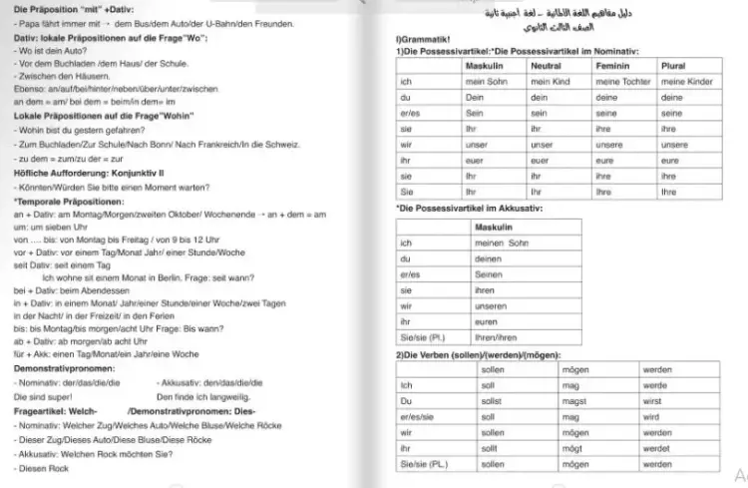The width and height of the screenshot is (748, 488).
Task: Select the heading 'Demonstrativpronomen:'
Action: [59, 369]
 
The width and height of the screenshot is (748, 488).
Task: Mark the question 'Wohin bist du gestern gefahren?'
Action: [81, 130]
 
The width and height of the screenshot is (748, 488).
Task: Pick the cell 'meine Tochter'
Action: [622, 82]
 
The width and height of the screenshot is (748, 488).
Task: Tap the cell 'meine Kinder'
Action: [687, 82]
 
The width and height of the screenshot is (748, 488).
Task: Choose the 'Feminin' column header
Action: [610, 66]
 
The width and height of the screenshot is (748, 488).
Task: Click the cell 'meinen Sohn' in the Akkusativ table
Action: [502, 243]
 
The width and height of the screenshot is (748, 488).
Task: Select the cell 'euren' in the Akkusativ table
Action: [486, 322]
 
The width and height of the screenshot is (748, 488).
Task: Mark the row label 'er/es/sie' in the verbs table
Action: [417, 416]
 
